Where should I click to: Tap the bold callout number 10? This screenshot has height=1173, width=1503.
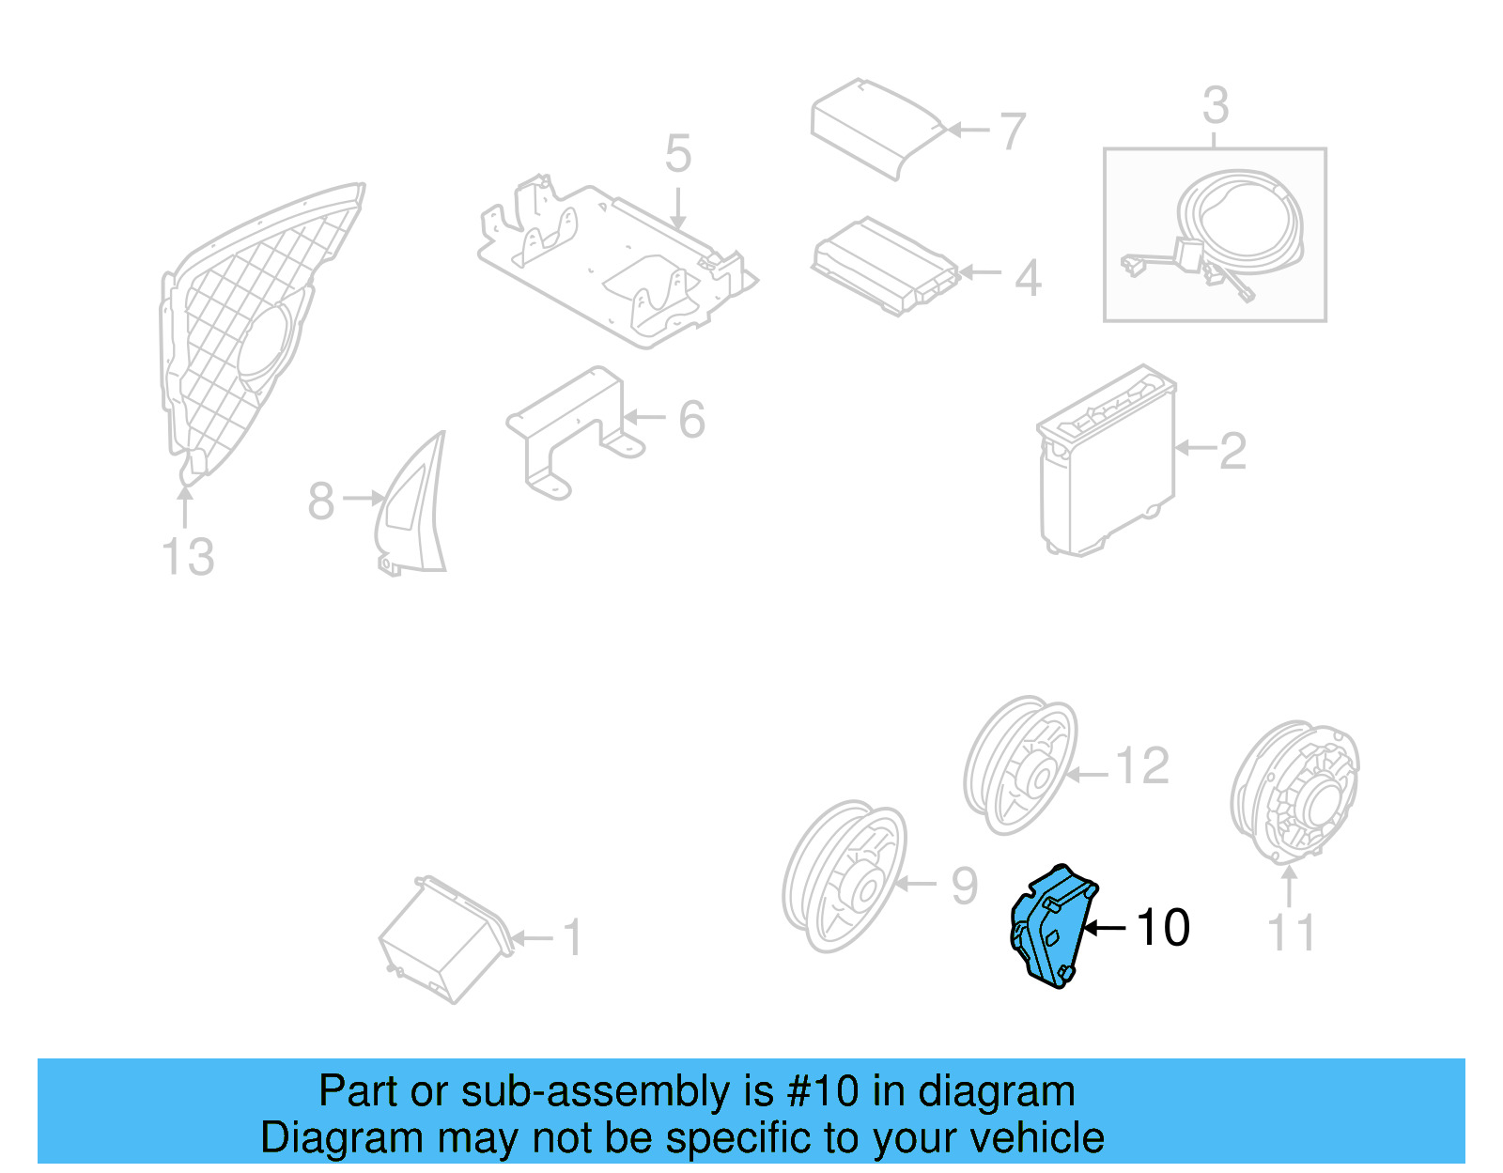(1163, 928)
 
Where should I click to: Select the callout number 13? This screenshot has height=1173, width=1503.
(188, 557)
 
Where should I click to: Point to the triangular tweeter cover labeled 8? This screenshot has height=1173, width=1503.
(413, 507)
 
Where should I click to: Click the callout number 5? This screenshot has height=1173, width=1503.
(678, 154)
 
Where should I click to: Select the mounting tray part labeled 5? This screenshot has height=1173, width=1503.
(615, 263)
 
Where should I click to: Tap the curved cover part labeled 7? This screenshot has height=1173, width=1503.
(874, 127)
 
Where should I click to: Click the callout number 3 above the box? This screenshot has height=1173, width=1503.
(1215, 105)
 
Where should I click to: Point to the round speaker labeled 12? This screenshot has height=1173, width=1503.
(1021, 765)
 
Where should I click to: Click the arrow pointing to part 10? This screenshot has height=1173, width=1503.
(1105, 928)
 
